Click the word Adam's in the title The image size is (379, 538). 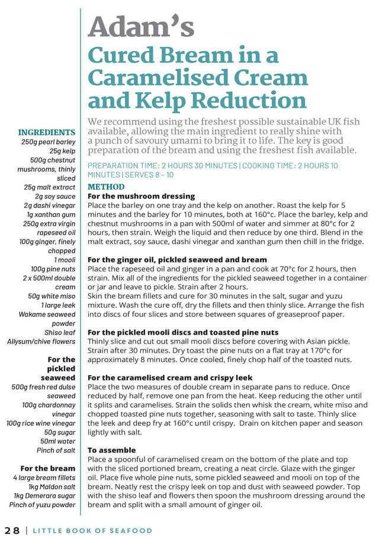pyautogui.click(x=141, y=27)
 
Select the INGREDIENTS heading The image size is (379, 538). pyautogui.click(x=47, y=132)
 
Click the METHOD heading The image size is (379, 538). pyautogui.click(x=106, y=187)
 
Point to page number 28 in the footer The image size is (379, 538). pyautogui.click(x=12, y=530)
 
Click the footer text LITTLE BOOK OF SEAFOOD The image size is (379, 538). pyautogui.click(x=92, y=530)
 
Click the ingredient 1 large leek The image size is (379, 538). pyautogui.click(x=58, y=305)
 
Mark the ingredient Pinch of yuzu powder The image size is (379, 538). pyautogui.click(x=42, y=505)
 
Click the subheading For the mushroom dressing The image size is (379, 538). pyautogui.click(x=141, y=196)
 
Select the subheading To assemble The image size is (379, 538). pyautogui.click(x=111, y=450)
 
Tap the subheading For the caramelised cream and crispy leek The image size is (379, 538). pyautogui.click(x=170, y=377)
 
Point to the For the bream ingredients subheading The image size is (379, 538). pyautogui.click(x=48, y=468)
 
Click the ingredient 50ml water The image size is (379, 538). pyautogui.click(x=58, y=441)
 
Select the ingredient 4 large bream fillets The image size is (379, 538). pyautogui.click(x=44, y=478)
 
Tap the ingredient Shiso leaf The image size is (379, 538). pyautogui.click(x=60, y=332)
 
